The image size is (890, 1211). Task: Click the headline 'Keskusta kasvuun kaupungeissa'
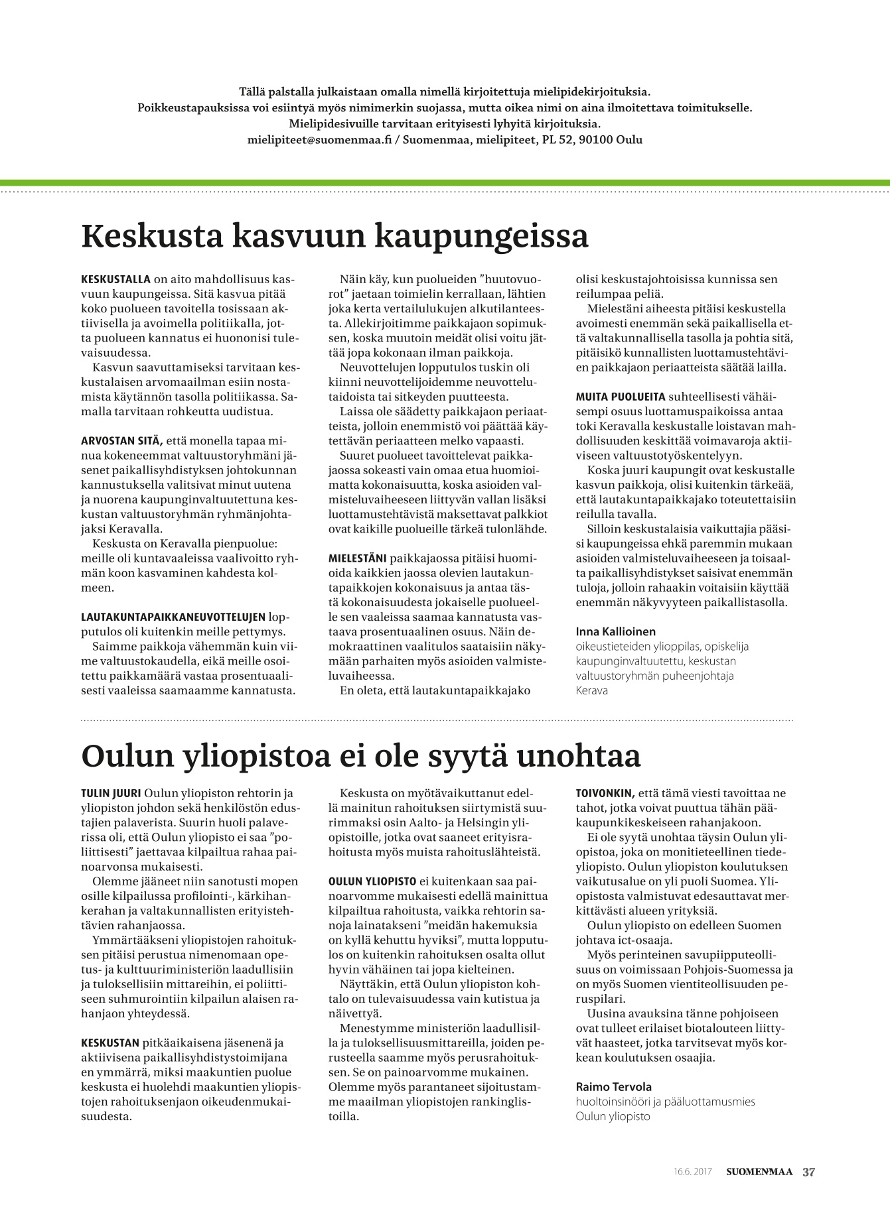[x=334, y=236]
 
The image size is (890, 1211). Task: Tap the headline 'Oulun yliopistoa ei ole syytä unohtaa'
[x=360, y=756]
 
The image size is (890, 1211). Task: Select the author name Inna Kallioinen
[x=615, y=631]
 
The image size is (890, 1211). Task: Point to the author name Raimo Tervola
[x=613, y=1086]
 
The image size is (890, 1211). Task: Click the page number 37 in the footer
[x=808, y=1172]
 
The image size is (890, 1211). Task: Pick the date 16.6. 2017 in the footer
[x=692, y=1172]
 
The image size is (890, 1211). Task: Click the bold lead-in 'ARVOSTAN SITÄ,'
[x=121, y=440]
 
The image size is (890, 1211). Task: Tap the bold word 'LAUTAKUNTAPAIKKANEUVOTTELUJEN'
[x=173, y=617]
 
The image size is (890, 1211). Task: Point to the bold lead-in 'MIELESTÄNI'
[x=358, y=558]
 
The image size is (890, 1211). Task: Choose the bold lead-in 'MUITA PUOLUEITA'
[x=620, y=397]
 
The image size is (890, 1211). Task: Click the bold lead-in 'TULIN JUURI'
[x=110, y=793]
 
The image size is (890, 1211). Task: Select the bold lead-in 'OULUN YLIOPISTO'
[x=372, y=881]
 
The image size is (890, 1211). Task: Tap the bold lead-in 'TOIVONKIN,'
[x=605, y=793]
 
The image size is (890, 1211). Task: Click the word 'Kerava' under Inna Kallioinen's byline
[x=592, y=690]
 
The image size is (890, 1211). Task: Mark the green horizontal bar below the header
[x=445, y=182]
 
